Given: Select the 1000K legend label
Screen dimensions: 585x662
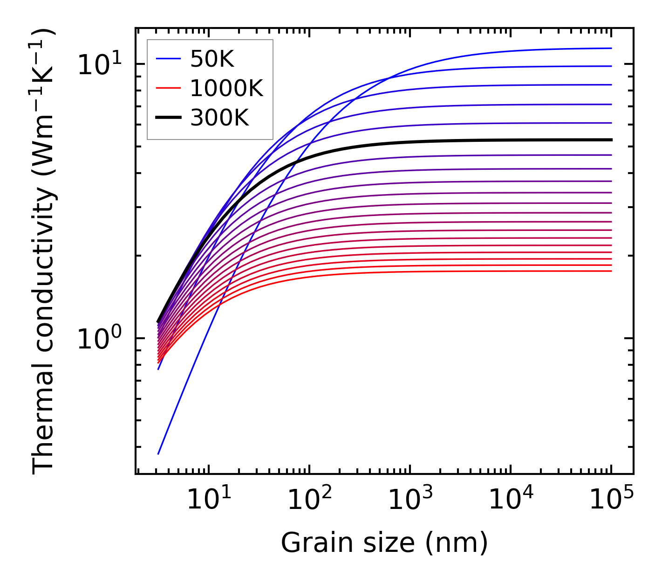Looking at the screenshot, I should pos(226,88).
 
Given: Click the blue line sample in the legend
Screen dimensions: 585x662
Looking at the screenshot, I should pos(168,59).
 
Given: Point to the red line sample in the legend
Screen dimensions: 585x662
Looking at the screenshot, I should pos(168,88).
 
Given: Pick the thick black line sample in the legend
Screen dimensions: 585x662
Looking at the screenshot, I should pos(168,118).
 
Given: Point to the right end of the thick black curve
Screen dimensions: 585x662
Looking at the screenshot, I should pos(611,139).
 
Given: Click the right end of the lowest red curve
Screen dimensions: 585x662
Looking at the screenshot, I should pos(611,271).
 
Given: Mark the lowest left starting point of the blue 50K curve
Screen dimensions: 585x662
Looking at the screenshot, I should pos(158,453).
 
